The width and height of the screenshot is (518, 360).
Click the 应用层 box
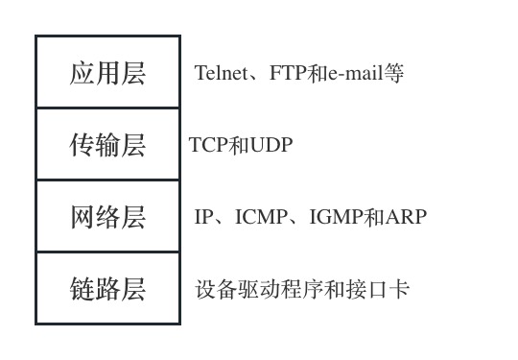[107, 73]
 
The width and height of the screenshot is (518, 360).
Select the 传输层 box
[107, 145]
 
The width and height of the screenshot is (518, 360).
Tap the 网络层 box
[107, 217]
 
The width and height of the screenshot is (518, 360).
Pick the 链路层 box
[107, 289]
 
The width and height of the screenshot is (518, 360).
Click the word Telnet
[221, 73]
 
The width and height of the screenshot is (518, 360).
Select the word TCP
[207, 145]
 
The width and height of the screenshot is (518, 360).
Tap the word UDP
[271, 145]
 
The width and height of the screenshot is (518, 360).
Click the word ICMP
[263, 217]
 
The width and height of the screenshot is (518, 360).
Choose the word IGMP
[336, 217]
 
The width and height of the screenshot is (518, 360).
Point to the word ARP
[406, 217]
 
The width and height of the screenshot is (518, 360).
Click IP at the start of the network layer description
[202, 217]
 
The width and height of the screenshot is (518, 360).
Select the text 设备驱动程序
[252, 289]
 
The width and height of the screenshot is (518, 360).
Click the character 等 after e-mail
[394, 73]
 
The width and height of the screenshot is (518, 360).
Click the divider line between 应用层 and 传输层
[107, 108]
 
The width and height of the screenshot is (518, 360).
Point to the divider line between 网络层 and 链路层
[107, 252]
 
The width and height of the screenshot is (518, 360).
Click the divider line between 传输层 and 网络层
[107, 180]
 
